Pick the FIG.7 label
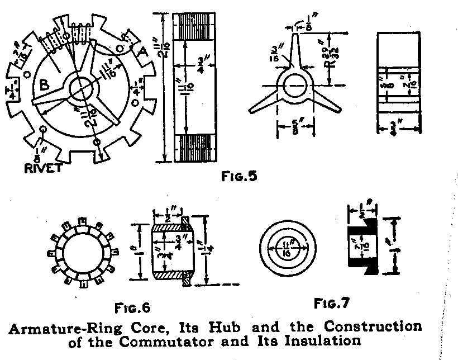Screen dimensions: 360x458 click(x=332, y=304)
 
